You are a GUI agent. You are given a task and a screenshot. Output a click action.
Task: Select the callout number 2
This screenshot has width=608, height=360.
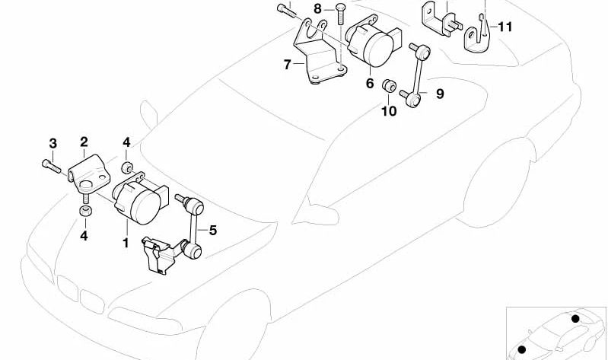tap(84, 142)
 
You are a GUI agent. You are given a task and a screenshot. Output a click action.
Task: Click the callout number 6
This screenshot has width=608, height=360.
tap(370, 84)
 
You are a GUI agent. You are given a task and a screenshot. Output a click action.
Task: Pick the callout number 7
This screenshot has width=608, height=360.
tap(287, 65)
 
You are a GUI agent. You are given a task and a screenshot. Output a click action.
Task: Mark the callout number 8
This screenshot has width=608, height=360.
tap(317, 9)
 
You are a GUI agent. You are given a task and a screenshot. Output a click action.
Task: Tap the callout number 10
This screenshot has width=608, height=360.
tap(388, 111)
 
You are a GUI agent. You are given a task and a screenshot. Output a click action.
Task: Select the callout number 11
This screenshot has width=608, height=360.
tap(505, 27)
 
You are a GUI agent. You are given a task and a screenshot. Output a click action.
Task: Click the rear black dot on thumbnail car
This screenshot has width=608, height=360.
tap(575, 318)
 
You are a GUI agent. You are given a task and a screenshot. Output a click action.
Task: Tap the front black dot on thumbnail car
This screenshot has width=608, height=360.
tap(523, 349)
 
